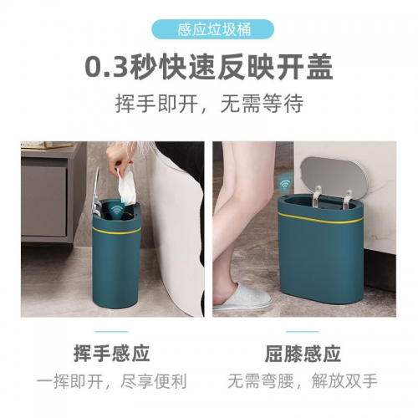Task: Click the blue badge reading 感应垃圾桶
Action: point(212,29)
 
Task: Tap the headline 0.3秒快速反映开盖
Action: point(209,67)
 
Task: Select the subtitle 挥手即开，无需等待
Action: point(209,104)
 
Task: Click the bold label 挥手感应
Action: point(112,354)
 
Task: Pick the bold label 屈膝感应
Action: point(303,354)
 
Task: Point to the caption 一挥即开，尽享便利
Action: point(112,381)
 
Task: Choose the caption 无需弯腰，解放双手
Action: point(303,381)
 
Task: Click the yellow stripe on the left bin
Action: point(116,231)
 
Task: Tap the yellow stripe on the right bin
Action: point(321,219)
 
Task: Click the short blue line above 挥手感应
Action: point(111,332)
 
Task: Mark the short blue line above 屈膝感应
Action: point(303,332)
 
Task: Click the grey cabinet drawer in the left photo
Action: point(43,201)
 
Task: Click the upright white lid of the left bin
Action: point(96,192)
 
